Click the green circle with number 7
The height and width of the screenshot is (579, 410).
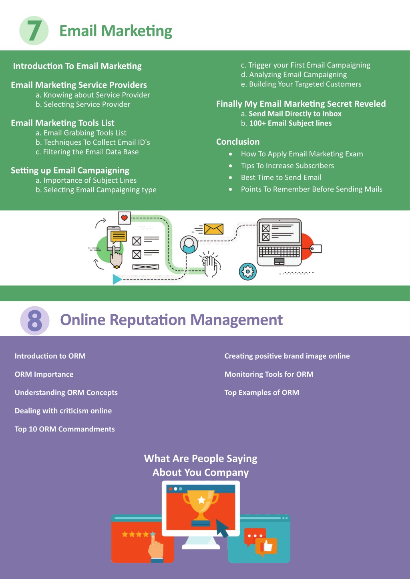click(34, 30)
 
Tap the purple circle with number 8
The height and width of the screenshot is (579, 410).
click(35, 321)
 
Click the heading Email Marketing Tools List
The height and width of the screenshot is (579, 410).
click(62, 123)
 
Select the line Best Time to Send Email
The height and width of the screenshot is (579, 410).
click(281, 177)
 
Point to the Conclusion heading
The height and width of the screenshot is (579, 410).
click(238, 142)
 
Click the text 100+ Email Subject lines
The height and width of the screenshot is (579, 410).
click(290, 123)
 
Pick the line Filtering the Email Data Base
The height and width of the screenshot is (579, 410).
click(90, 152)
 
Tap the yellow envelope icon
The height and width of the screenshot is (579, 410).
click(213, 229)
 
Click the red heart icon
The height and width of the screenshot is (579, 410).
click(124, 218)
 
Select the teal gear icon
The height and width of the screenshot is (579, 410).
click(248, 272)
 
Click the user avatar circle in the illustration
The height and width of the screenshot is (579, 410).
click(189, 245)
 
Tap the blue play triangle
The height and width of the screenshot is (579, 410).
click(117, 279)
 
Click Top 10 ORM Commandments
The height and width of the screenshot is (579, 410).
click(65, 429)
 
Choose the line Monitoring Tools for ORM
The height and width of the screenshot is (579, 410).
click(269, 374)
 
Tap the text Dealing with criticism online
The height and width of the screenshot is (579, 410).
click(63, 411)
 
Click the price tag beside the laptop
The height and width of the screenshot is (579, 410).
click(316, 249)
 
